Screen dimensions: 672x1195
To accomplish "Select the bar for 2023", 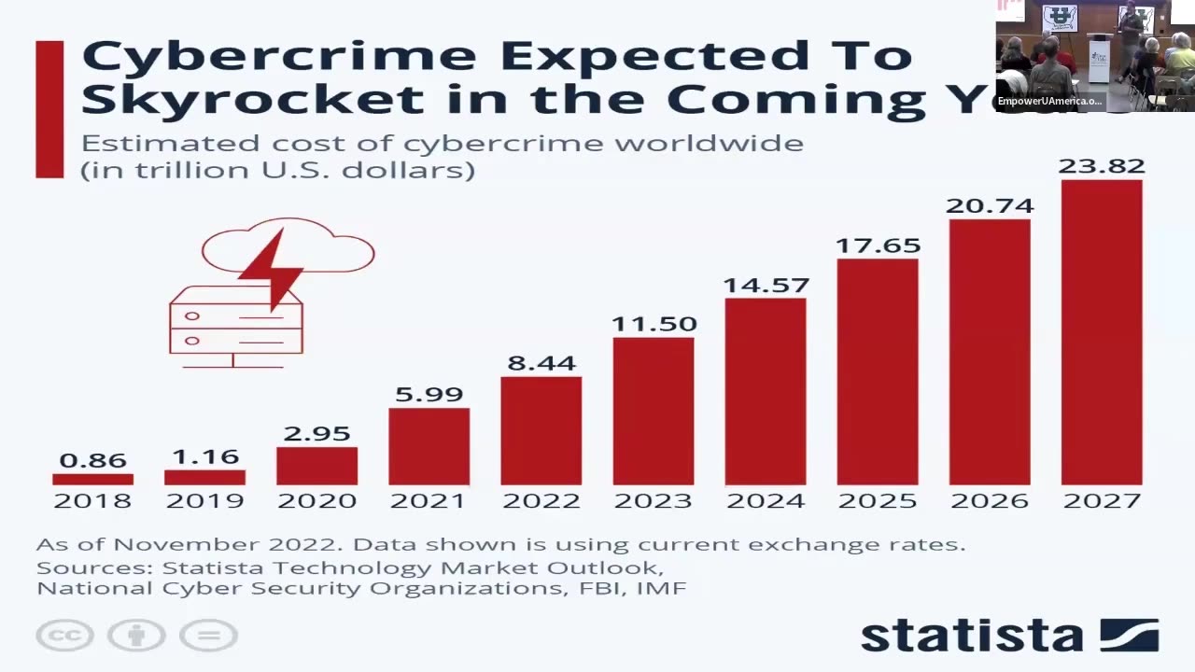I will pyautogui.click(x=654, y=411).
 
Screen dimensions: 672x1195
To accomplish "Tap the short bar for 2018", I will pyautogui.click(x=92, y=479).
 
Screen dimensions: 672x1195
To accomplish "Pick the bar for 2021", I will pyautogui.click(x=429, y=446).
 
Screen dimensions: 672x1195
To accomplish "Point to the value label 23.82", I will pyautogui.click(x=1102, y=166).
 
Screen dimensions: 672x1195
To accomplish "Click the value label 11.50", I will pyautogui.click(x=654, y=324).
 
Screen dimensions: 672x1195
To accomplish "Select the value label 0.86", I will pyautogui.click(x=92, y=460).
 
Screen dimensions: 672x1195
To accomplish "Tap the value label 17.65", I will pyautogui.click(x=878, y=245).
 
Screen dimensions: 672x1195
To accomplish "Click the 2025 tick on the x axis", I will pyautogui.click(x=878, y=501).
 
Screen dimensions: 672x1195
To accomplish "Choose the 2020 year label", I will pyautogui.click(x=316, y=501).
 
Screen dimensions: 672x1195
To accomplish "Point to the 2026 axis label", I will pyautogui.click(x=990, y=501).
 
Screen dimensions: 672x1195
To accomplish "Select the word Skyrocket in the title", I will pyautogui.click(x=252, y=99).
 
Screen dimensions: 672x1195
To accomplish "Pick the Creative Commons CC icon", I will pyautogui.click(x=64, y=636).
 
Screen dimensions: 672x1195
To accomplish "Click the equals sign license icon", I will pyautogui.click(x=208, y=636).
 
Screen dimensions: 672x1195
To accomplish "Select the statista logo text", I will pyautogui.click(x=971, y=636).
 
